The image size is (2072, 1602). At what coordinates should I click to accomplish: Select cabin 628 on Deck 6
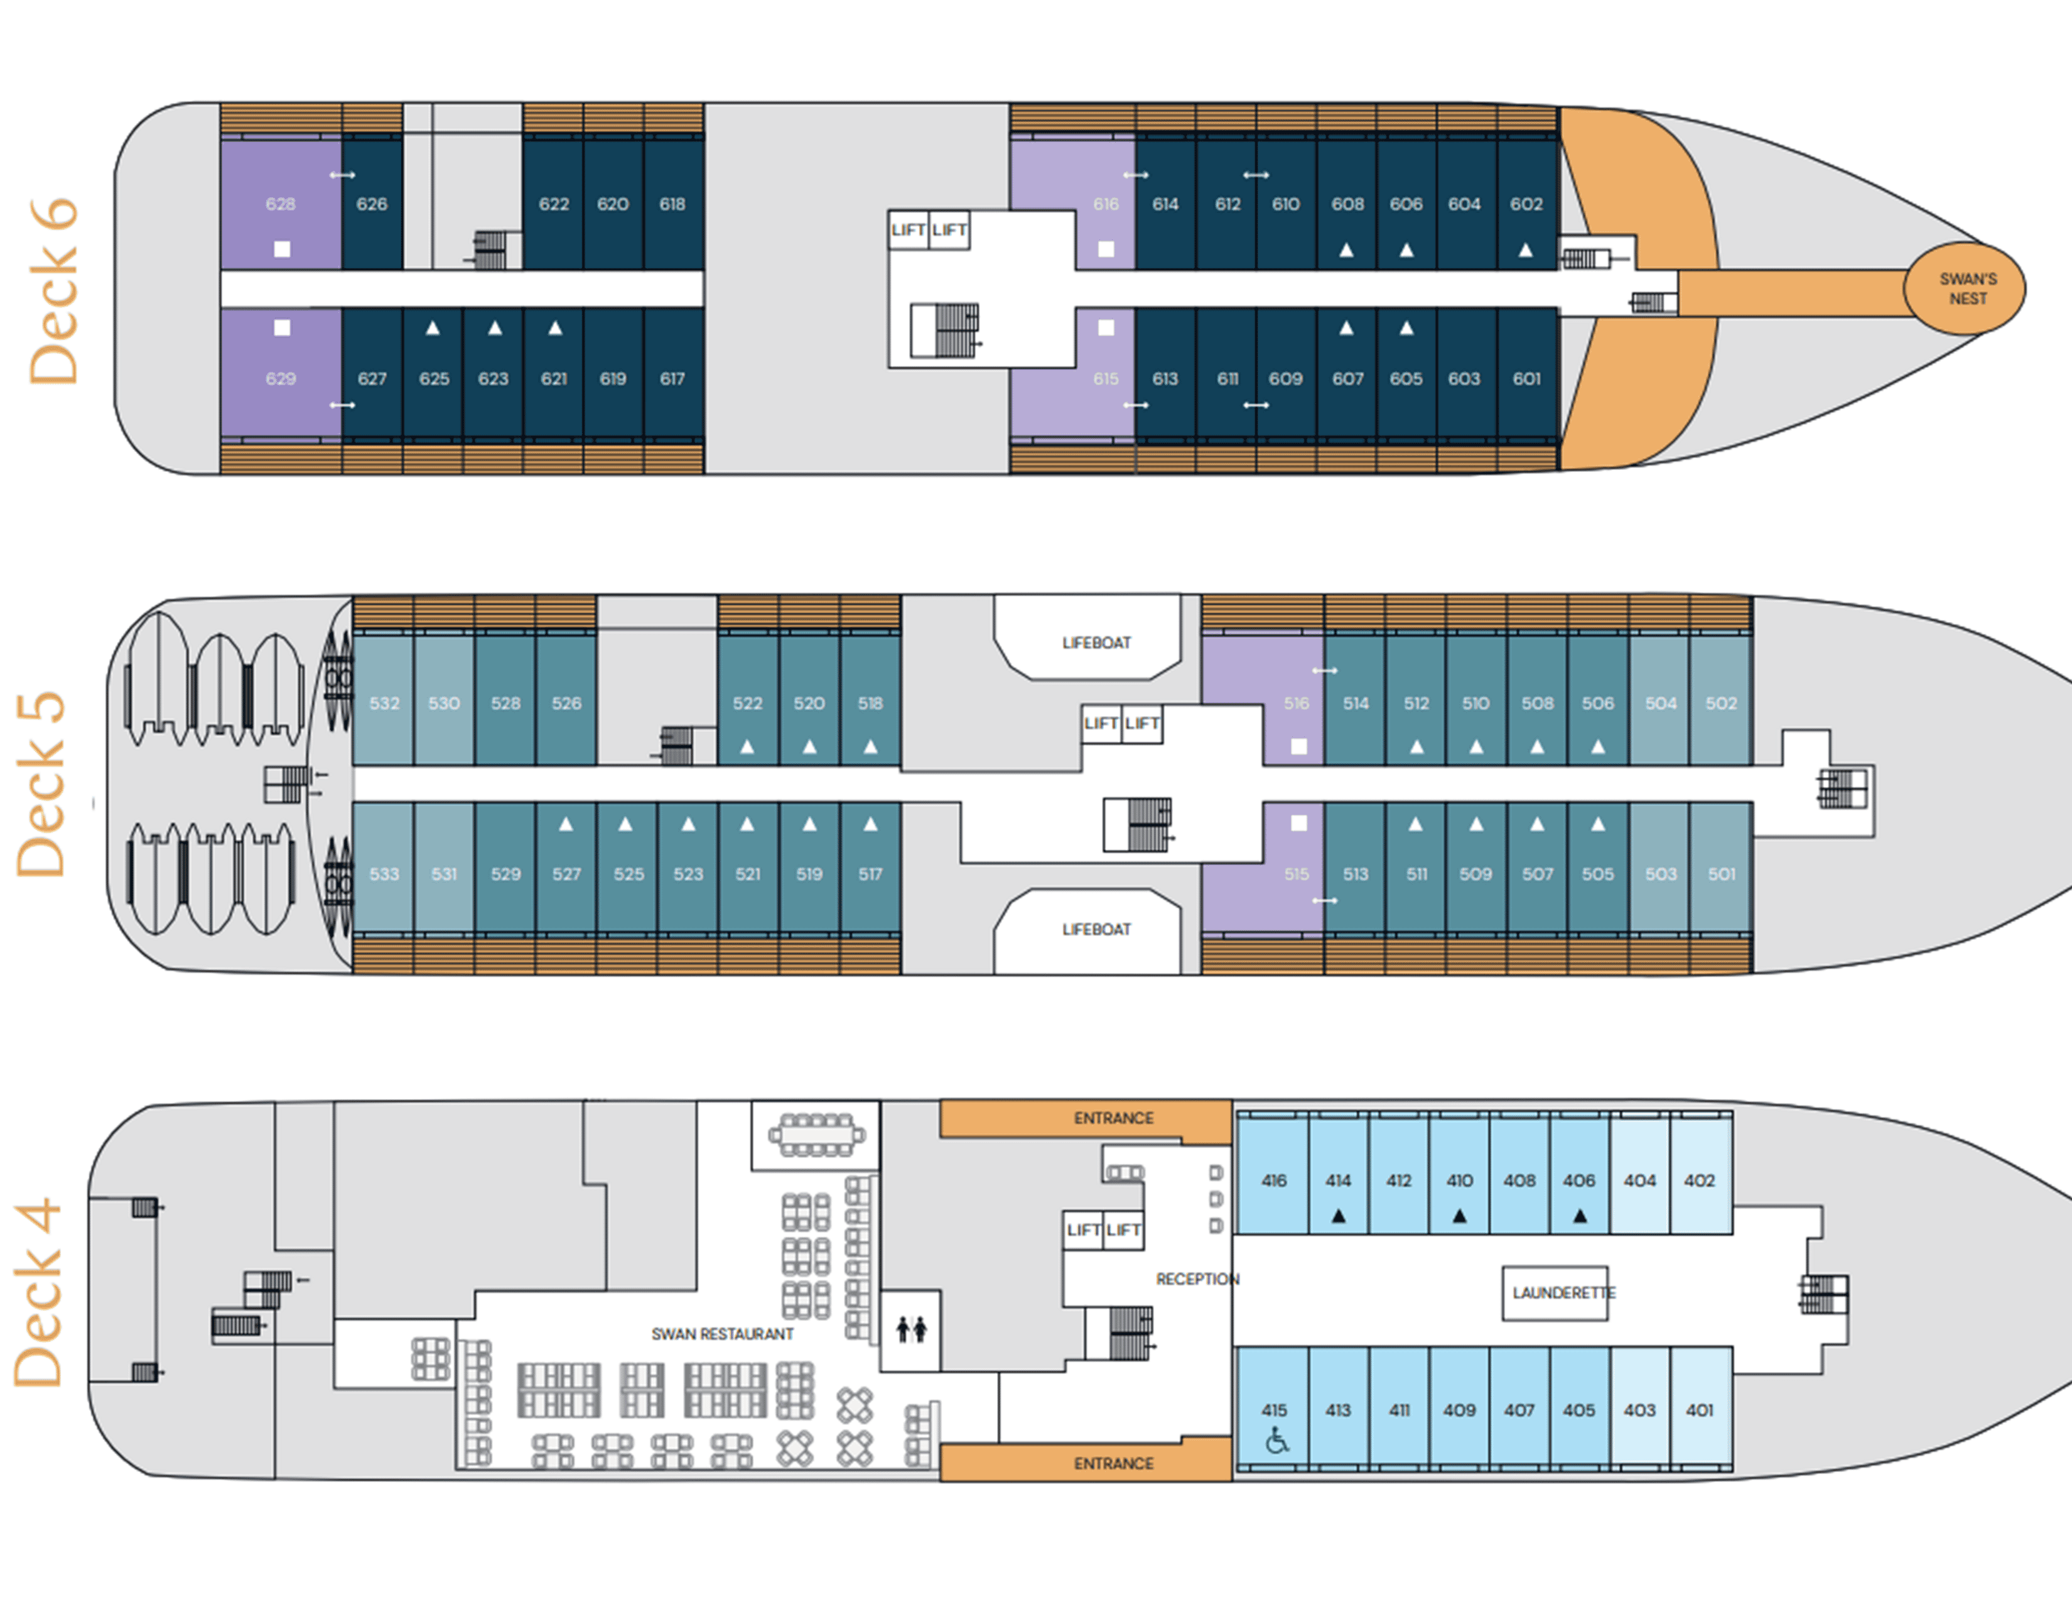point(280,204)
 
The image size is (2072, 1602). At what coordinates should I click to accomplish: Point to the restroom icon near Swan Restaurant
point(911,1329)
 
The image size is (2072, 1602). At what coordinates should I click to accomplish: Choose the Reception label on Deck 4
point(1196,1279)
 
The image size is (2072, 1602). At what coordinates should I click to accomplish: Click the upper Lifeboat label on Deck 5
point(1096,643)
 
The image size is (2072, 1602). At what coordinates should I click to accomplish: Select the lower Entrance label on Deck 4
point(1113,1463)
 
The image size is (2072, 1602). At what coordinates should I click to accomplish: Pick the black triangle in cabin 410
point(1459,1216)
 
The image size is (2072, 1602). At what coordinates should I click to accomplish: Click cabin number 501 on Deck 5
point(1721,873)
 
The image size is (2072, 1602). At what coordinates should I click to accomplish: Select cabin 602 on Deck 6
point(1526,204)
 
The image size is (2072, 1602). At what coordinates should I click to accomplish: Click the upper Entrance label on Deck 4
point(1113,1118)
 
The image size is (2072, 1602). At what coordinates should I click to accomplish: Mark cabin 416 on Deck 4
point(1273,1180)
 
